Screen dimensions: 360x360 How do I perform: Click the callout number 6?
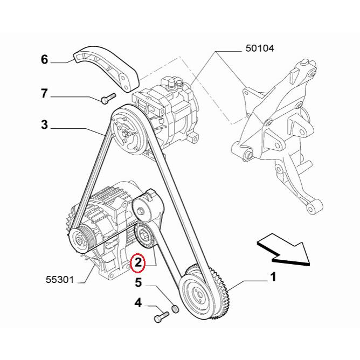pos(45,59)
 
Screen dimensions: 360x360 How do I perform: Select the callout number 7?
pos(45,94)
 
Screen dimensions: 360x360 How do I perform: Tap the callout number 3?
pos(45,126)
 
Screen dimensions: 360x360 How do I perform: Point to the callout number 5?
pos(138,282)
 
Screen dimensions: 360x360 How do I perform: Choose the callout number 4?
pos(138,303)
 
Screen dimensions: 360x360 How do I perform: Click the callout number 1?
pos(273,278)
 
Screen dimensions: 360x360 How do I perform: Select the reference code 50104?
pos(260,49)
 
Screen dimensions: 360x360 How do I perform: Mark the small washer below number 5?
pos(175,309)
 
